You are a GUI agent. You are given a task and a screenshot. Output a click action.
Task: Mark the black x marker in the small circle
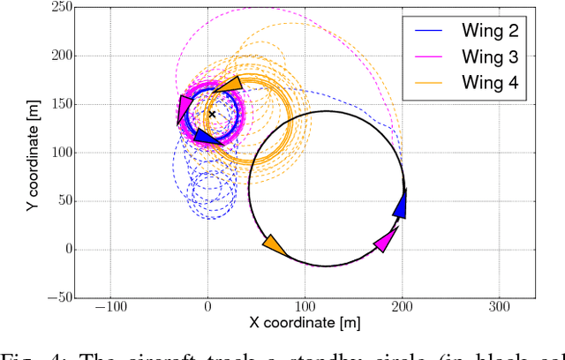212,114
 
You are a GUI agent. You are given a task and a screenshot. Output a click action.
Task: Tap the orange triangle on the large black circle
275,245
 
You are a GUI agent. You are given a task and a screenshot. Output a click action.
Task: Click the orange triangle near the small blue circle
228,86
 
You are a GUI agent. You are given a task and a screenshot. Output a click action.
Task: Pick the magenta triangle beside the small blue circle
184,109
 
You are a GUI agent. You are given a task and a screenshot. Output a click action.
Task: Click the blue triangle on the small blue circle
206,136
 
